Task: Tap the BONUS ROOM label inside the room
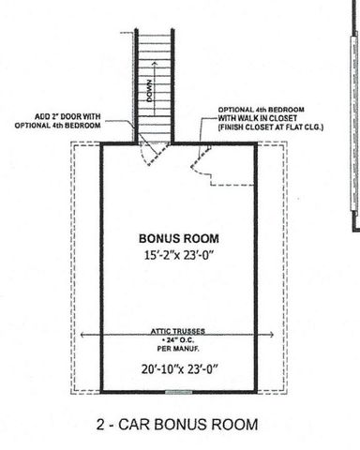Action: pos(172,238)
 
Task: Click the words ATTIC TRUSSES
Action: pos(173,332)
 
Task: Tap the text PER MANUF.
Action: pos(173,350)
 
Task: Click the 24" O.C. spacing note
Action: pos(174,341)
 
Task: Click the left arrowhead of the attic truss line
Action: pos(85,333)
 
